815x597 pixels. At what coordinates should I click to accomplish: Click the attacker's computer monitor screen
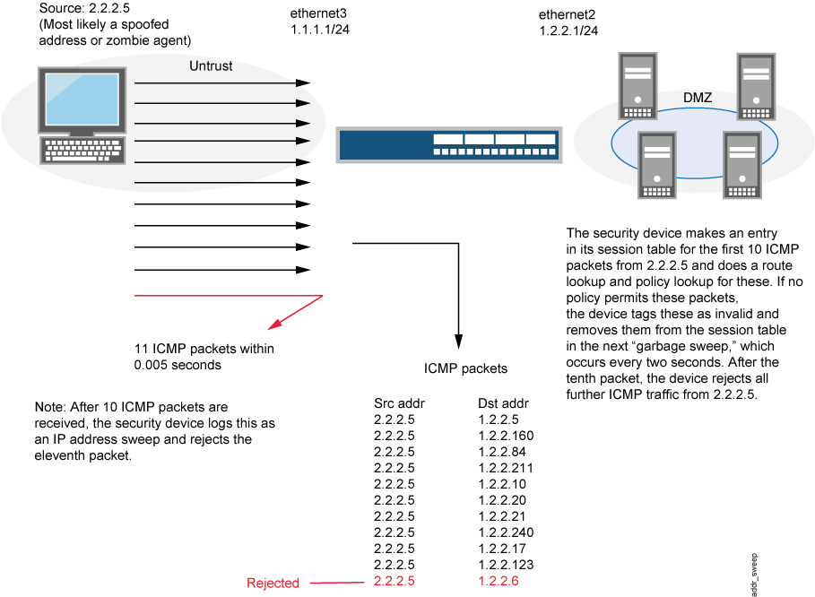point(82,99)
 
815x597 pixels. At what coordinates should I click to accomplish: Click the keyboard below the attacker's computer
point(82,151)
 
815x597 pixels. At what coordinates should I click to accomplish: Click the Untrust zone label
point(212,66)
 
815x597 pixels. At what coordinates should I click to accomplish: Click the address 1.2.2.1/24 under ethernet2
point(568,30)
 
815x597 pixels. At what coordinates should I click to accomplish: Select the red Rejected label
point(273,584)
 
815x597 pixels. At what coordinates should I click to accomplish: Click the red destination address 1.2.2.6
point(499,581)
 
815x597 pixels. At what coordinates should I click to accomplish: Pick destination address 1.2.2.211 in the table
point(506,468)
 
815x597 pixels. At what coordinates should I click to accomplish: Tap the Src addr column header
point(398,403)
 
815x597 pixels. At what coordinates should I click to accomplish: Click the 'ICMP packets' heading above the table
point(465,368)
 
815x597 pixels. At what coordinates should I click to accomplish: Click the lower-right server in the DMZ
point(743,165)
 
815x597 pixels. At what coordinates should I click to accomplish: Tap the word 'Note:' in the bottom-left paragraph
point(48,408)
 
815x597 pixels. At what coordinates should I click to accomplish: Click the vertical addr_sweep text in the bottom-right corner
point(755,574)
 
